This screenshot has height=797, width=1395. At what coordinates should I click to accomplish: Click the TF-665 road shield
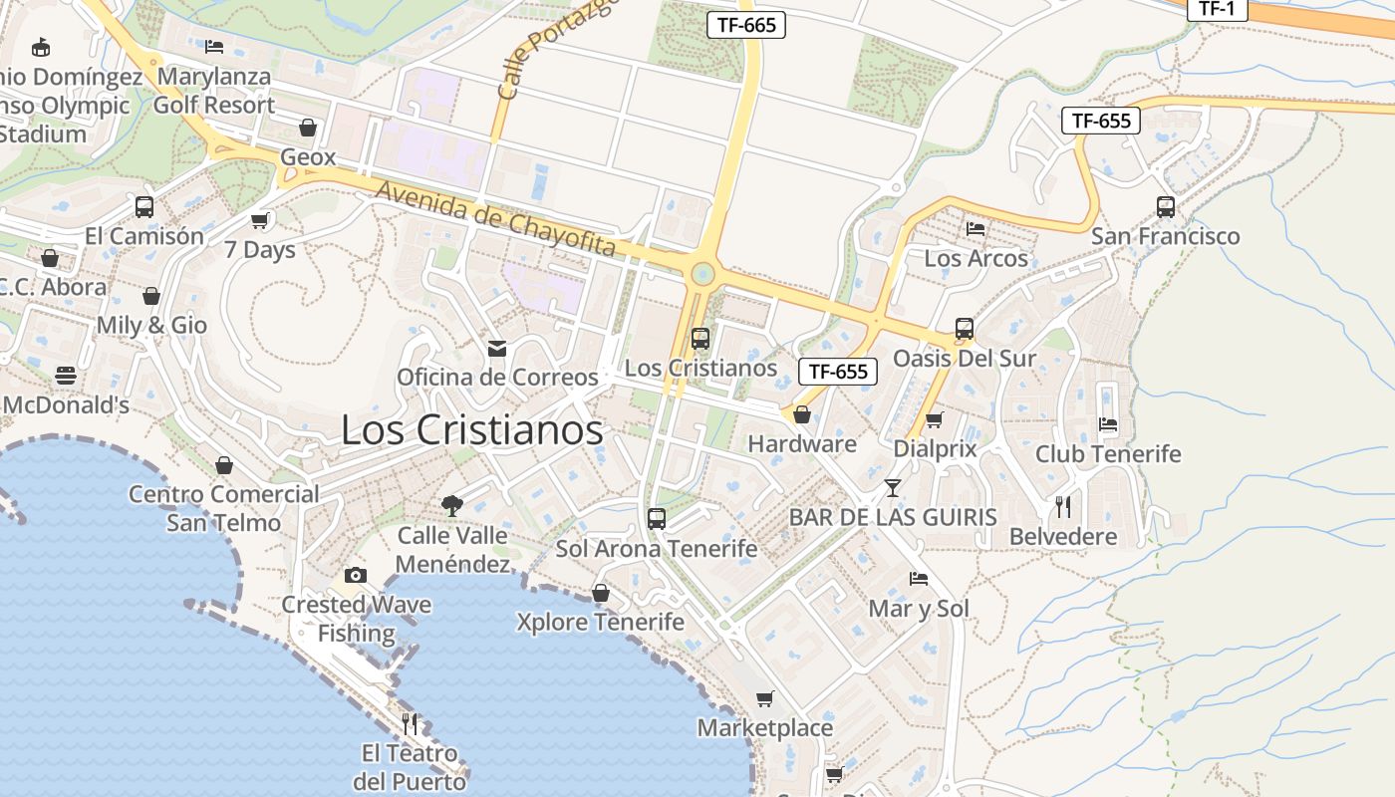tap(745, 25)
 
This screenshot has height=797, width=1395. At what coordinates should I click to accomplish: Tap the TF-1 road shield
tap(1217, 8)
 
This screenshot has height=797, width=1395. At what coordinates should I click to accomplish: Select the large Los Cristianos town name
tap(471, 430)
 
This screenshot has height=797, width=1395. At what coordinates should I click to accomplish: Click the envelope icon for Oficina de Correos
tap(496, 349)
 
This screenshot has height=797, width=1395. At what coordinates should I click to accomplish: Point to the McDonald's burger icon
tap(66, 376)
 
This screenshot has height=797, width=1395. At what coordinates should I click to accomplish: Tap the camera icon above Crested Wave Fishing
tap(355, 575)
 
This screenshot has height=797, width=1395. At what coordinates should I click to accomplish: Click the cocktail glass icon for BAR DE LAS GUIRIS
tap(892, 487)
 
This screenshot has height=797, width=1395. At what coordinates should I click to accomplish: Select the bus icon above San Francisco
tap(1165, 207)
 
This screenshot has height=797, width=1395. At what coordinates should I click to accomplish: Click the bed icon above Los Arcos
tap(976, 229)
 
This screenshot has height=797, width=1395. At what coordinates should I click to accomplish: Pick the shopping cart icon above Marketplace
tap(764, 698)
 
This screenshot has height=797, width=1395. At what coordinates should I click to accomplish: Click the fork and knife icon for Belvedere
tap(1063, 507)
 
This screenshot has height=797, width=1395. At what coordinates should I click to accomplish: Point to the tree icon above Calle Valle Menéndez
tap(452, 505)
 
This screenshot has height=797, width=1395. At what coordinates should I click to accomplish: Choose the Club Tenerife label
tap(1107, 454)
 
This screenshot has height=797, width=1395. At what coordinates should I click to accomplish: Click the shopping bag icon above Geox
tap(307, 128)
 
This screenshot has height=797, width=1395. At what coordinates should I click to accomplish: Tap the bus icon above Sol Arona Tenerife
tap(656, 518)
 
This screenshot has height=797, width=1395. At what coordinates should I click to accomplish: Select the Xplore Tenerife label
tap(600, 623)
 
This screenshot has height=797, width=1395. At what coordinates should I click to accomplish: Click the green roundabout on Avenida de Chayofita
tap(703, 272)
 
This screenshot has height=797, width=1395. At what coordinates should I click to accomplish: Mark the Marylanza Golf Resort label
tap(213, 91)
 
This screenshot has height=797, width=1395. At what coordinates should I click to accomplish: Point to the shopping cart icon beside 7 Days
tap(260, 220)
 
